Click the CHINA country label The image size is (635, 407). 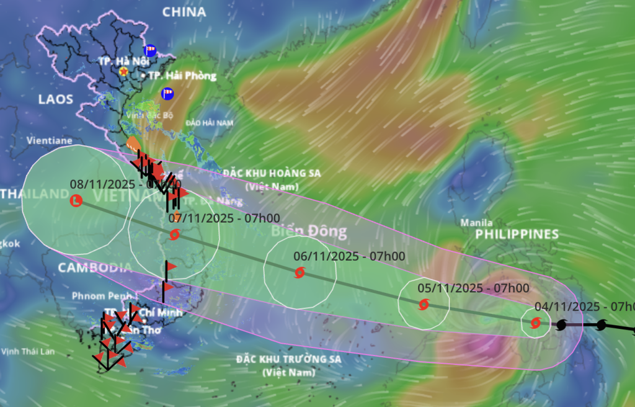184,11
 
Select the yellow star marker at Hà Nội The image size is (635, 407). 124,72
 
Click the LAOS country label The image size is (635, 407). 56,99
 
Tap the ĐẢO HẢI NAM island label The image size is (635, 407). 210,123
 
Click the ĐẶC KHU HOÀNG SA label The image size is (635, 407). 280,173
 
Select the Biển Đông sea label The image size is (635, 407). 309,232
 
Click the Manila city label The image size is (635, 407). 476,223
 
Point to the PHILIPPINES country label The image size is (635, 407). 517,235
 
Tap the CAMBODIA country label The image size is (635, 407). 95,268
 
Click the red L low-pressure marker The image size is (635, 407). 76,200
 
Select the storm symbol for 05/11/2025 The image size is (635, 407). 424,304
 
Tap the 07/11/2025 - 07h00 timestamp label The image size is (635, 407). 224,218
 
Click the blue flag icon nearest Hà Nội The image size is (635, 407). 149,50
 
